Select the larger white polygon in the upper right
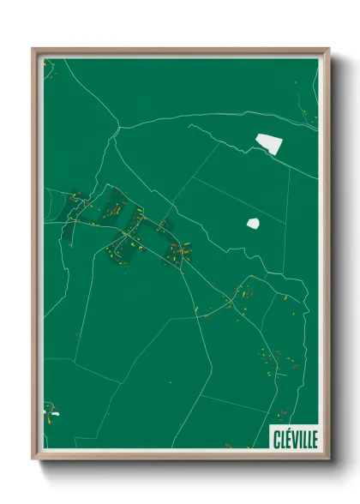point(268,144)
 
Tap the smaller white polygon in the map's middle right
point(253,223)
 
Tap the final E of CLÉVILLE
point(314,438)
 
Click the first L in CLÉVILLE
point(283,438)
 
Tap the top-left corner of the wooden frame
point(34,50)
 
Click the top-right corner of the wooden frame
point(327,50)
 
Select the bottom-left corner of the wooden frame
point(34,458)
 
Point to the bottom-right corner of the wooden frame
point(327,458)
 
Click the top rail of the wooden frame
point(180,51)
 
